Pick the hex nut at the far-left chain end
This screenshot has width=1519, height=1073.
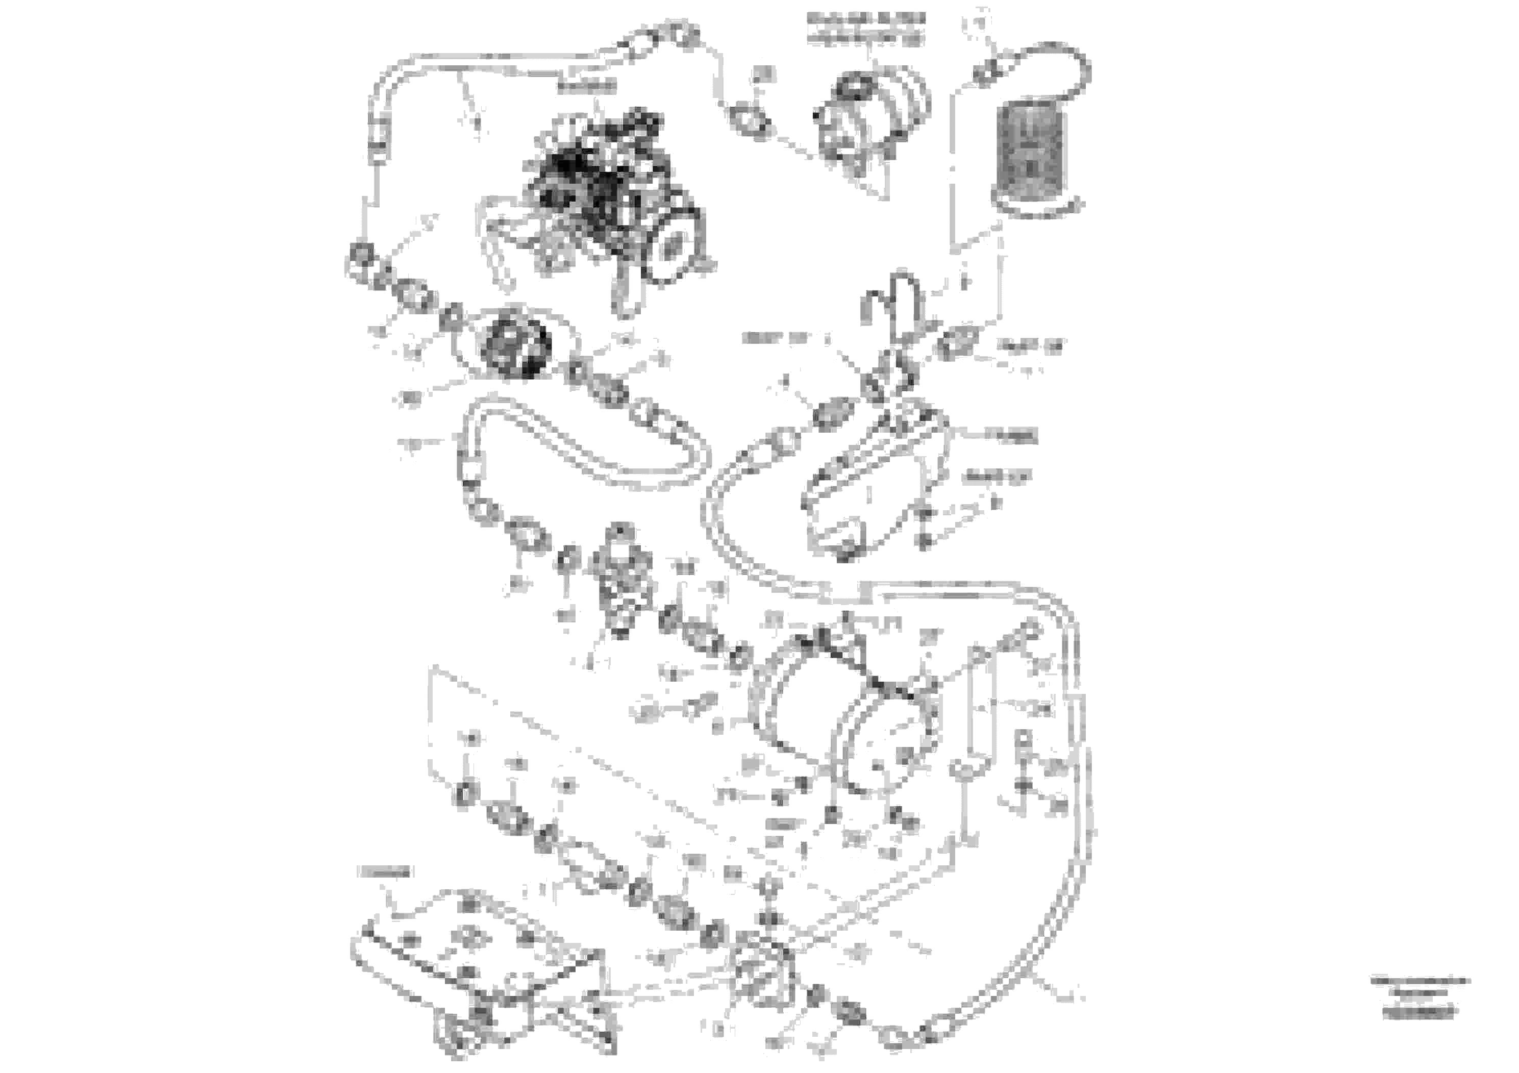361,254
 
